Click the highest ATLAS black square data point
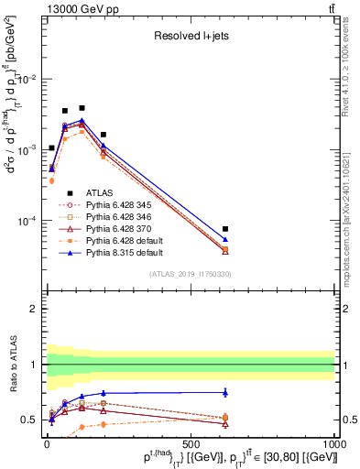click(82, 108)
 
